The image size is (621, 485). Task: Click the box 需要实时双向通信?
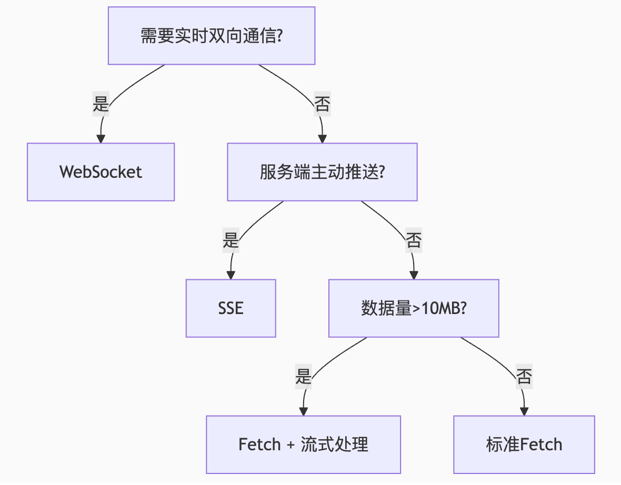click(212, 36)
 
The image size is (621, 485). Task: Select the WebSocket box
click(101, 172)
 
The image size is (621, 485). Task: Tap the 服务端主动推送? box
click(322, 172)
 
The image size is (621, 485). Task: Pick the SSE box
click(231, 308)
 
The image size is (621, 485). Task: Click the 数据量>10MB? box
click(414, 308)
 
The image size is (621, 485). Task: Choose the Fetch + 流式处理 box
click(303, 444)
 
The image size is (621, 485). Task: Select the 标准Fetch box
click(524, 444)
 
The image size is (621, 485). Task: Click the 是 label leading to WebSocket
click(101, 104)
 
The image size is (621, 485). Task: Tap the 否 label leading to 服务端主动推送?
click(322, 104)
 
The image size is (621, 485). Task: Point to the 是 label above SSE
click(231, 240)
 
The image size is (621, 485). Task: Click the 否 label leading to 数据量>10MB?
click(414, 240)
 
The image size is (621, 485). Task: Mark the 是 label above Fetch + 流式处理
click(303, 376)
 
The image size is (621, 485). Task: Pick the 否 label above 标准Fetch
click(524, 376)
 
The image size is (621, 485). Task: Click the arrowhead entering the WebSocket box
click(101, 139)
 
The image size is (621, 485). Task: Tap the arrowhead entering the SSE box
click(231, 275)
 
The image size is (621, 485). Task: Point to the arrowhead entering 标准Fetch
click(524, 411)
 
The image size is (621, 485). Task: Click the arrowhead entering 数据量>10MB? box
click(414, 275)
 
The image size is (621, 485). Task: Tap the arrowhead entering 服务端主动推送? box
click(322, 139)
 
